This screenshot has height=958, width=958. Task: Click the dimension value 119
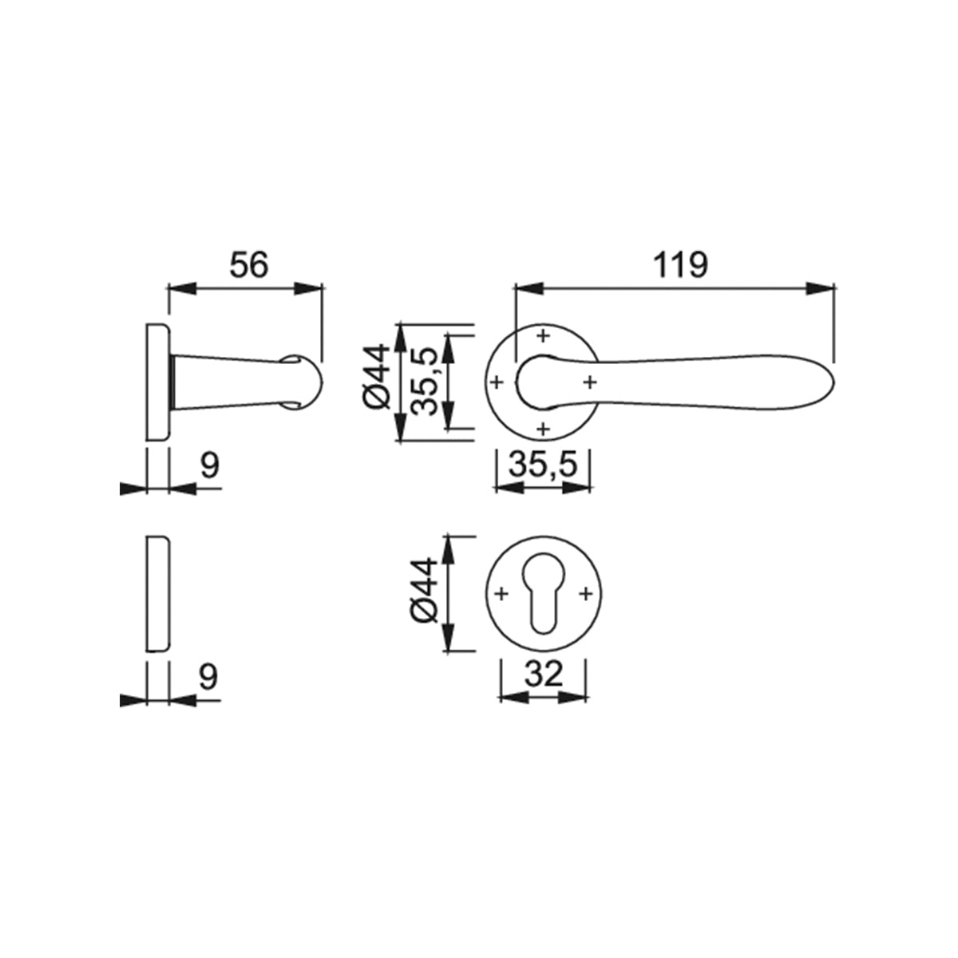coord(680,265)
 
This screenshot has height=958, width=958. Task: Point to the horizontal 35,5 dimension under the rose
coord(543,465)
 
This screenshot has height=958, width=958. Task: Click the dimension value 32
coord(543,675)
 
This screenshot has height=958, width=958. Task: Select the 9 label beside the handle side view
coord(209,465)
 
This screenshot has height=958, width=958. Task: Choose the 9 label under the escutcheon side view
coord(209,677)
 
